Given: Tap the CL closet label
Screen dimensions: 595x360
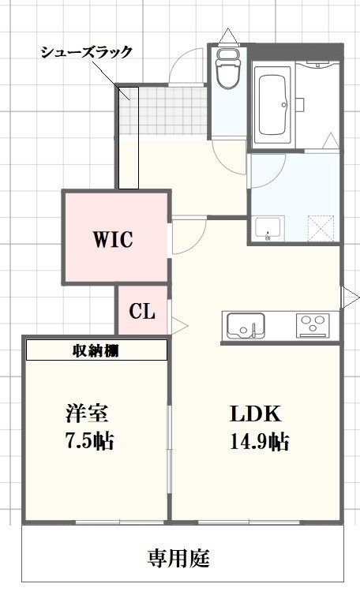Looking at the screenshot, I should tap(142, 311).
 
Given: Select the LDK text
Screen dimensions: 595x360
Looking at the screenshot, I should tap(256, 414).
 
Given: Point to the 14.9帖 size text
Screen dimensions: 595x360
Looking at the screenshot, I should tap(258, 442).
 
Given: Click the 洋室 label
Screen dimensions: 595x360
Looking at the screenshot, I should tap(87, 414).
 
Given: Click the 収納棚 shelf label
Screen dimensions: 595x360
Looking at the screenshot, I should tap(96, 350).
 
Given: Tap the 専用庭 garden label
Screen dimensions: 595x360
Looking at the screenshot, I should tap(179, 559).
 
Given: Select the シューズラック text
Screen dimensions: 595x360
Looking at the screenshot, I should tap(87, 53).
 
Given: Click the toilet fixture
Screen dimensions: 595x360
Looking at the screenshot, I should tap(229, 73).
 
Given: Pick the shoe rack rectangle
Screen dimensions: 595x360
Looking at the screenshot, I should tap(129, 138).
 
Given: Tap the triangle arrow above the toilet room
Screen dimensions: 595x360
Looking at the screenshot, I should tap(229, 36).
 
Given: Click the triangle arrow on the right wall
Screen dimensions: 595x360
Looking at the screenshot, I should tap(349, 297).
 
